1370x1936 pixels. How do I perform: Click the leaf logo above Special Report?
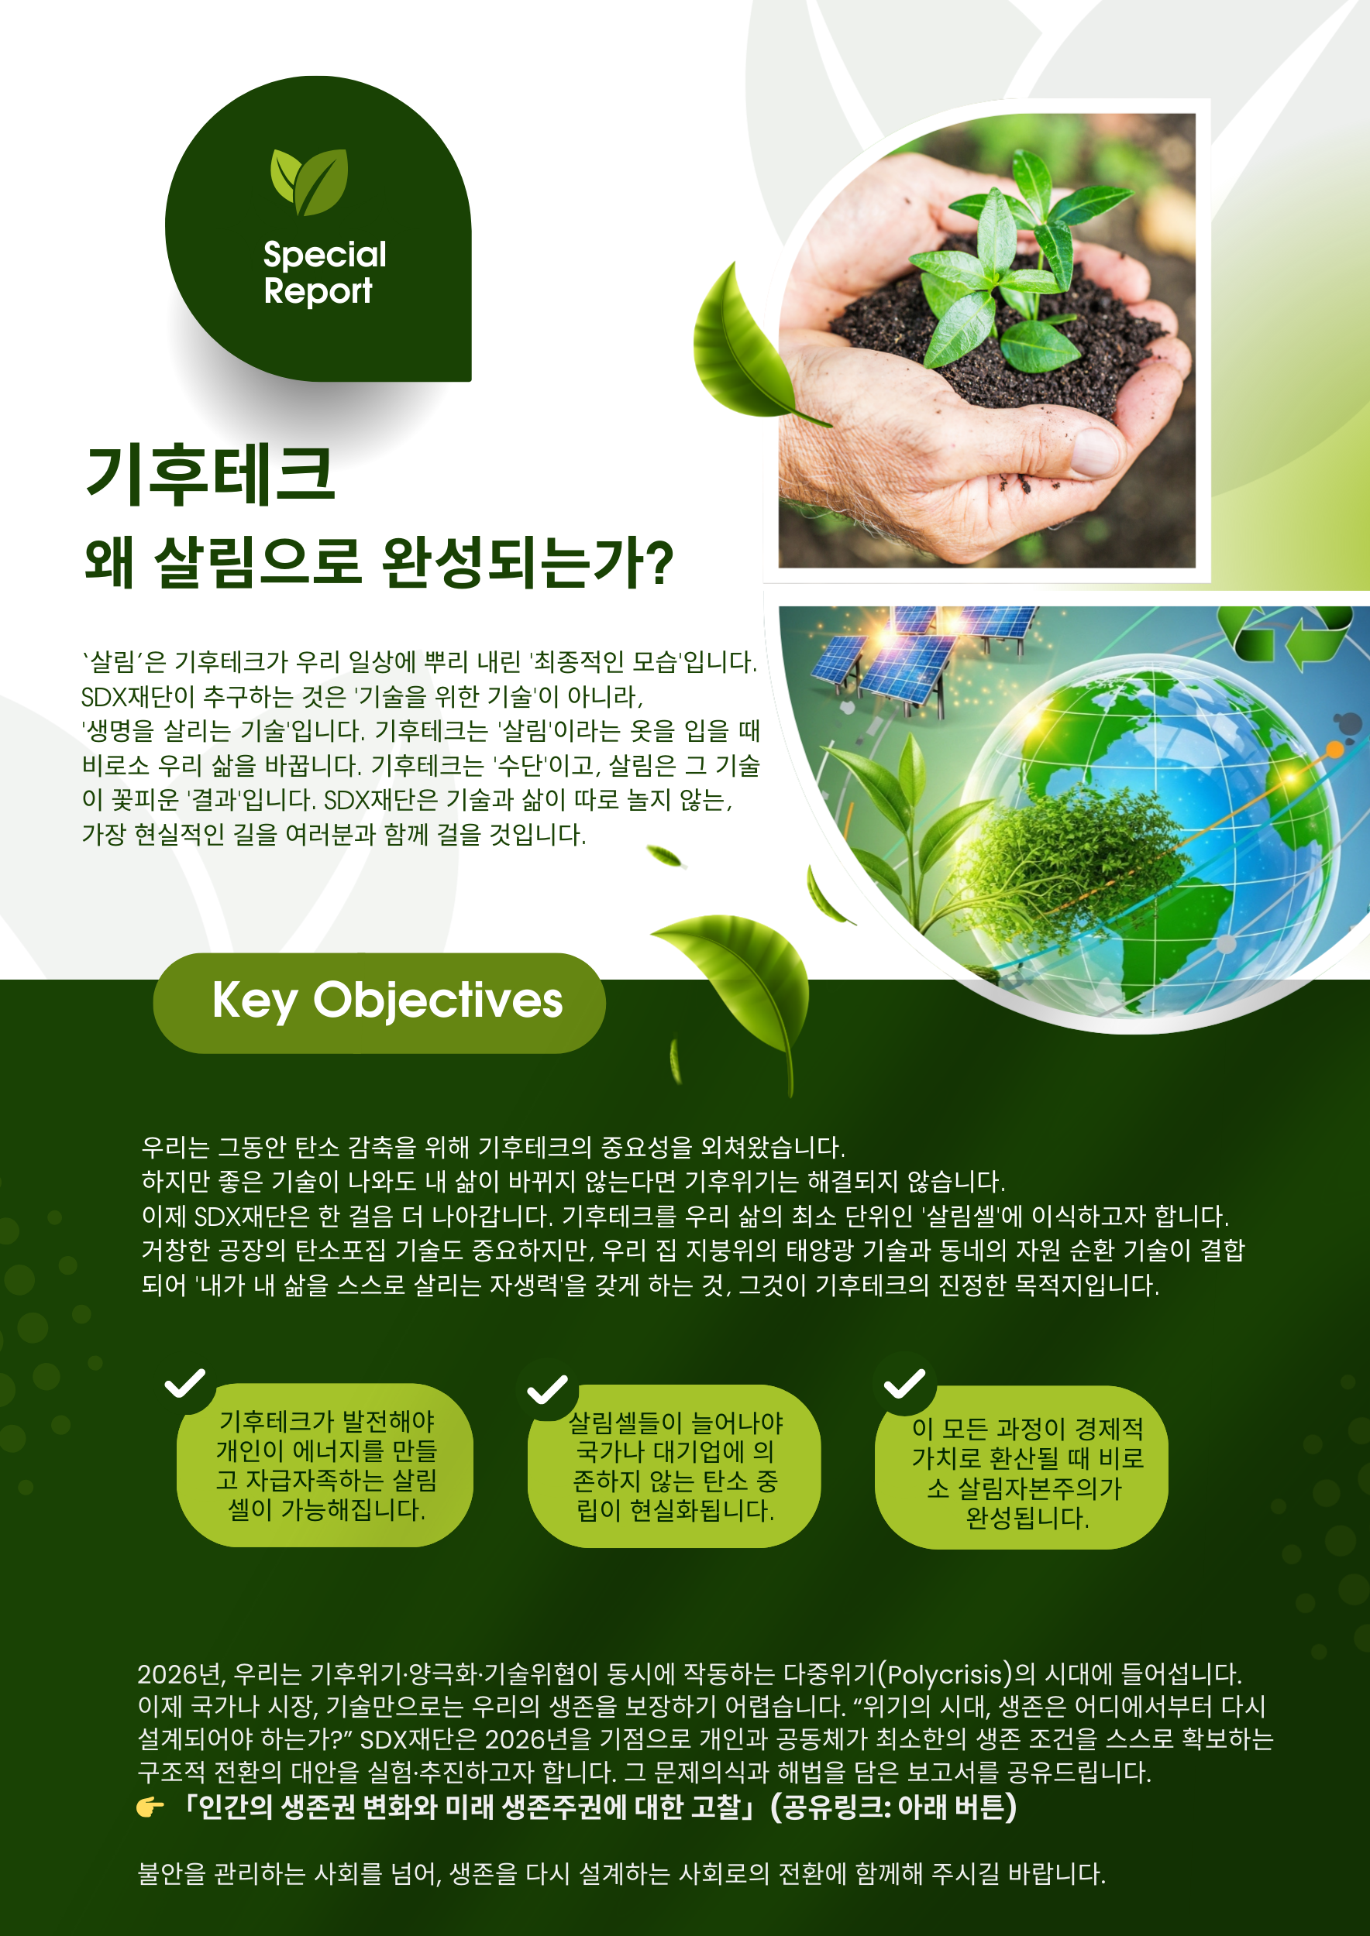click(308, 181)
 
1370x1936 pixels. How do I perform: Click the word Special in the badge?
click(325, 255)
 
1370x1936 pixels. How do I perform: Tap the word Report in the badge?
click(318, 291)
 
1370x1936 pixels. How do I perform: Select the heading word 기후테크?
click(211, 475)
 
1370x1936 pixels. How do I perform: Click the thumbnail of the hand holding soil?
click(986, 340)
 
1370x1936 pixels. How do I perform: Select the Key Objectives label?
click(380, 1002)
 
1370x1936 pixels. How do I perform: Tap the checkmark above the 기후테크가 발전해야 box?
click(184, 1383)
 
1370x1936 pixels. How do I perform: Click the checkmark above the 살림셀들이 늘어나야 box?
click(546, 1388)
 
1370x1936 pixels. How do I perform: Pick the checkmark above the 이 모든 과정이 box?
click(904, 1384)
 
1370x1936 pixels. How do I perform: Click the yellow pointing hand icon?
click(150, 1807)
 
